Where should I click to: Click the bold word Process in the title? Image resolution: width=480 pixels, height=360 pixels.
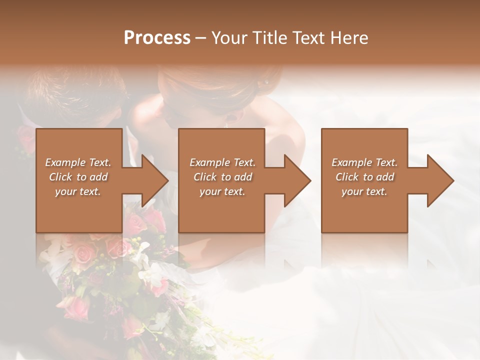(x=157, y=38)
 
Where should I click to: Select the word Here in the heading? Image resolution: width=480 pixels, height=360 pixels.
(x=348, y=38)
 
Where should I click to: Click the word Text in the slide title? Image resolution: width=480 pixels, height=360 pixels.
(x=308, y=38)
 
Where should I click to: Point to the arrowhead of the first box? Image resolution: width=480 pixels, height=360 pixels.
(x=155, y=180)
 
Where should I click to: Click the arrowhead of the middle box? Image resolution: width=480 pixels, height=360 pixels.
(x=297, y=180)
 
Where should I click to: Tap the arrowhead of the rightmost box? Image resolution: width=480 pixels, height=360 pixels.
(x=440, y=180)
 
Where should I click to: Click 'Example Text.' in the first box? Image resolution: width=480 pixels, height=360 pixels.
(x=78, y=162)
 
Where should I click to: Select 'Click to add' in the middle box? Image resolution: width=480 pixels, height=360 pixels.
(x=222, y=177)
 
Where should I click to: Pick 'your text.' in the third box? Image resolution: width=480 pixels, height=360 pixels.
(x=364, y=191)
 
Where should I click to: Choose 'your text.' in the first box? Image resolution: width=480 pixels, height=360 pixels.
(x=78, y=191)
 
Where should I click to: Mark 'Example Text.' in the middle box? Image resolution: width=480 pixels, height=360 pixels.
(x=222, y=162)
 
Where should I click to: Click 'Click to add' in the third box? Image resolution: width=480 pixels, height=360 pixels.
(x=364, y=177)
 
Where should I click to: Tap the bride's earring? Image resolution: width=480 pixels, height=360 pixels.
(x=266, y=81)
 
